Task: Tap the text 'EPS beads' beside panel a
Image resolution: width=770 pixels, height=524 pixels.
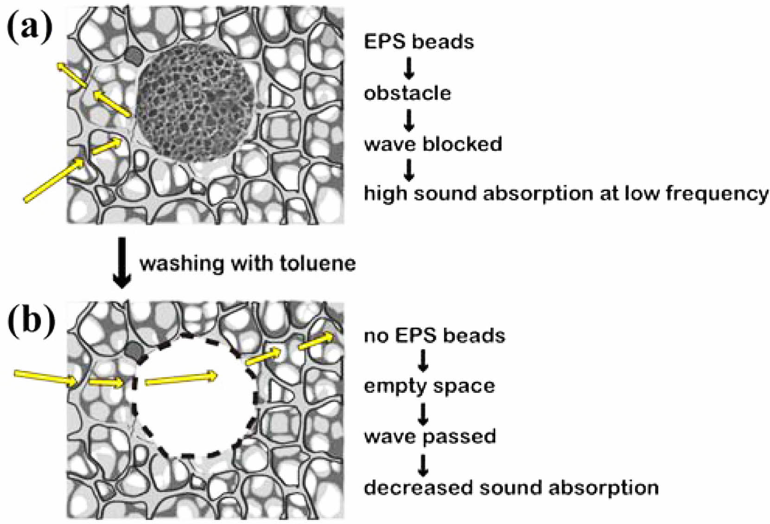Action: click(419, 42)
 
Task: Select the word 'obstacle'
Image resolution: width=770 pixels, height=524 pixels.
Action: click(407, 93)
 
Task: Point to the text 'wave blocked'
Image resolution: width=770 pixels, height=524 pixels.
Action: click(433, 144)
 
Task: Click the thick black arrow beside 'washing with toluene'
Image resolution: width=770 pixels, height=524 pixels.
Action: click(122, 262)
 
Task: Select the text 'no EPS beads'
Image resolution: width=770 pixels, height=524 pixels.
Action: click(434, 335)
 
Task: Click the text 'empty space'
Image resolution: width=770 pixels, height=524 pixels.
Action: click(429, 386)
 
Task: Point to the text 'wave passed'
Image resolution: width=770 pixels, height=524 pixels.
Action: click(430, 437)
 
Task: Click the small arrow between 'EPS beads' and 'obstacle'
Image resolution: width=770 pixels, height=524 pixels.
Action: click(409, 68)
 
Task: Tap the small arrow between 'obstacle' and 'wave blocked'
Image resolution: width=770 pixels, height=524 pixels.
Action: click(409, 120)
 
